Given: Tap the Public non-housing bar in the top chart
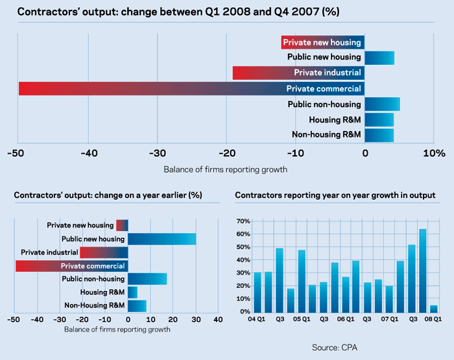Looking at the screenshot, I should pyautogui.click(x=383, y=104).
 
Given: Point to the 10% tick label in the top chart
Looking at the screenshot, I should pyautogui.click(x=434, y=154).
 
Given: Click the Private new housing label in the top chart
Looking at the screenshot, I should pyautogui.click(x=323, y=43).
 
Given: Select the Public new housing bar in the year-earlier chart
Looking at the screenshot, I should pyautogui.click(x=161, y=239).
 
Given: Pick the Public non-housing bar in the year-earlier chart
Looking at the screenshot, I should pyautogui.click(x=147, y=279).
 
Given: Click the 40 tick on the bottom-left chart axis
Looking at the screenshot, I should pyautogui.click(x=218, y=320).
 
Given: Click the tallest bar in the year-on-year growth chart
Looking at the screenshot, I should pyautogui.click(x=422, y=270).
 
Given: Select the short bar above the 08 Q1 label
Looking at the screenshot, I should pyautogui.click(x=433, y=308).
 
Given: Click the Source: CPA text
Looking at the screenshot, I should pyautogui.click(x=334, y=348).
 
